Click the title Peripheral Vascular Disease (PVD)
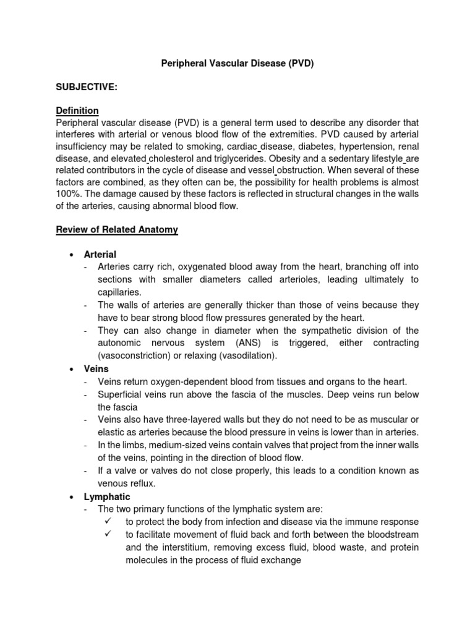click(237, 64)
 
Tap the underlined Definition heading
click(77, 111)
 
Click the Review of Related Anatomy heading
click(117, 229)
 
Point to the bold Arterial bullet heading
click(101, 254)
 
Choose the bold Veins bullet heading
click(96, 368)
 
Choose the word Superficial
click(122, 394)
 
